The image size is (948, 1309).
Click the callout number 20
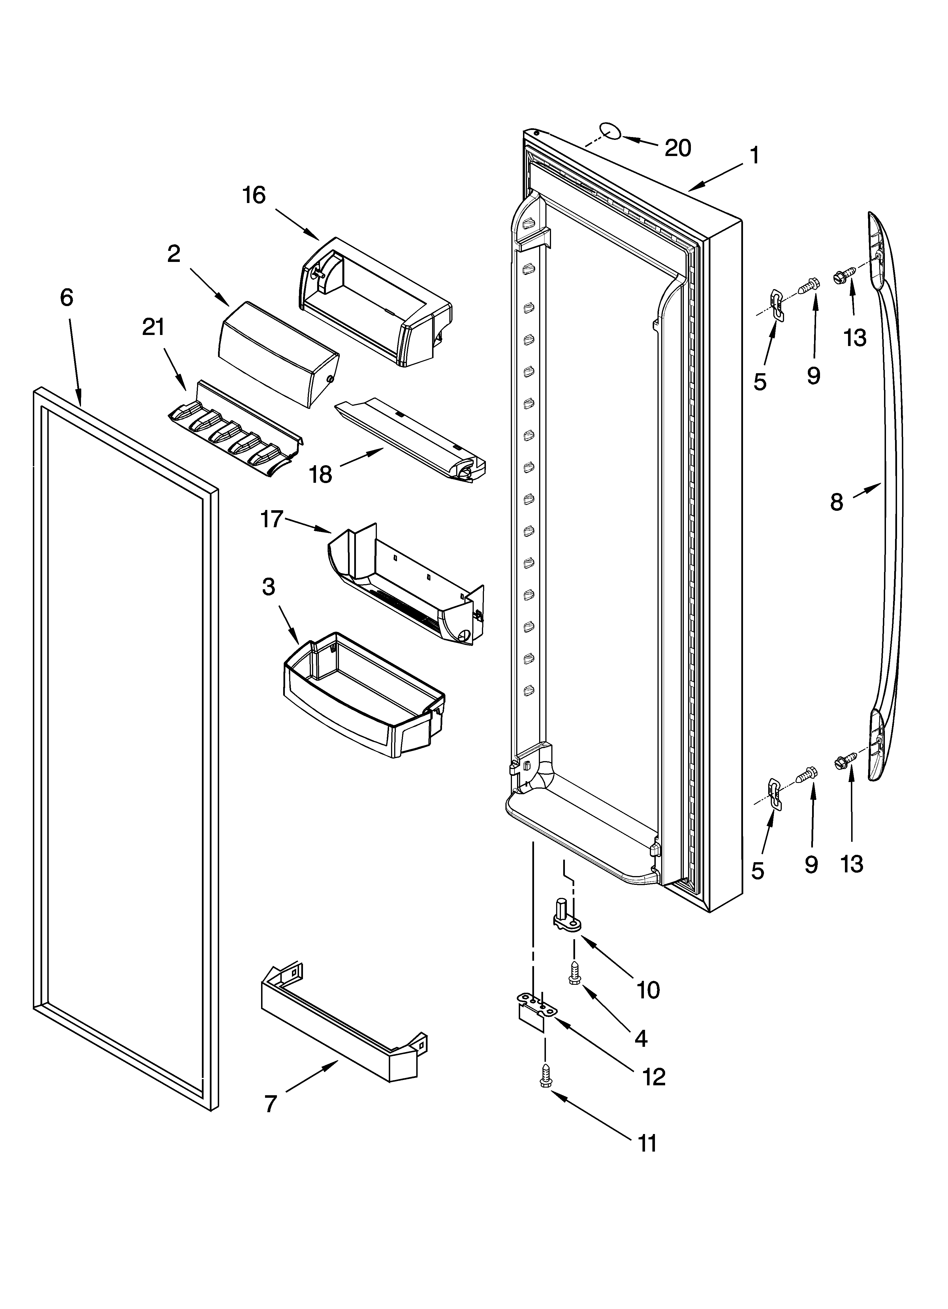pos(678,148)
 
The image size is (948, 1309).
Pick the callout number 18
pos(321,475)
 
